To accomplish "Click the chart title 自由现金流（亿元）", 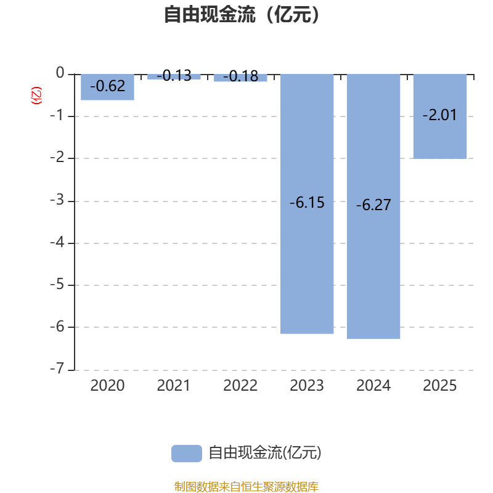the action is (242, 15).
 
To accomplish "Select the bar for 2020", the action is (107, 87).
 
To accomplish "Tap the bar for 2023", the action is (307, 204).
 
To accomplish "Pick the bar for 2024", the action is (373, 206).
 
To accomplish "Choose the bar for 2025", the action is (440, 116).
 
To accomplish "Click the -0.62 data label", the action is (107, 86).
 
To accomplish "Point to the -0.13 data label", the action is (174, 76).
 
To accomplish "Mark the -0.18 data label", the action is (240, 76).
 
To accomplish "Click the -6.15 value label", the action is (307, 203).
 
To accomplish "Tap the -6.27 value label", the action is (373, 205).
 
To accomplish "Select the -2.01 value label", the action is (440, 115).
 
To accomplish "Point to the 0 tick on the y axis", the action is (60, 73).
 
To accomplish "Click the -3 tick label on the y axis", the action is (57, 200).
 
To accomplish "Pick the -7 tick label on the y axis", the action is (57, 368).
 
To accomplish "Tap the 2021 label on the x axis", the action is (174, 386).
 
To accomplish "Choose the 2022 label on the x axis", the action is (240, 386).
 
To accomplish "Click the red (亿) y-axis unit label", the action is (36, 96).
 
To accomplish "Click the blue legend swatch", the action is (187, 454).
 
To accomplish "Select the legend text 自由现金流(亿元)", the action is (265, 453).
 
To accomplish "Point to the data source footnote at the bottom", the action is (246, 486).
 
